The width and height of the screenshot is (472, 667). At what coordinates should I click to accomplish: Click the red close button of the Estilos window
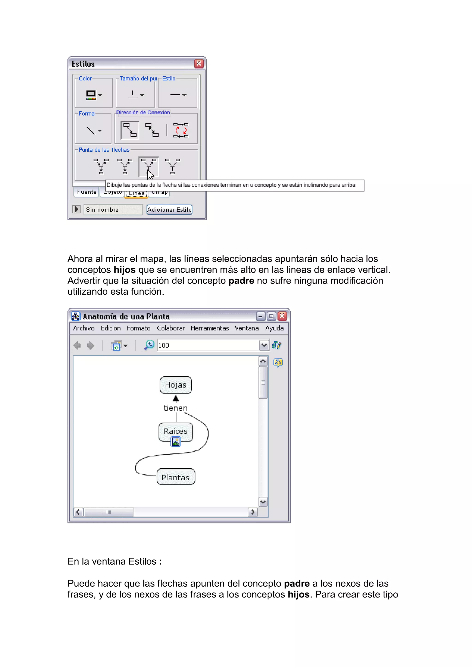pos(199,63)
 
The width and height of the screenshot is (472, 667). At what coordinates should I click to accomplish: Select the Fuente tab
pos(87,192)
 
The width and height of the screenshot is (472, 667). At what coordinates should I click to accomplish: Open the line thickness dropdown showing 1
pos(136,94)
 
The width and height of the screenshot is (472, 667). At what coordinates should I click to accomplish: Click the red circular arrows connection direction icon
pos(181,130)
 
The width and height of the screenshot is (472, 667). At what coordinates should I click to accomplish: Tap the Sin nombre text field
pos(113,209)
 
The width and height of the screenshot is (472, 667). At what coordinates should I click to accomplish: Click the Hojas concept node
pos(175,385)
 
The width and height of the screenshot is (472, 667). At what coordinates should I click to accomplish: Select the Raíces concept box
pos(175,431)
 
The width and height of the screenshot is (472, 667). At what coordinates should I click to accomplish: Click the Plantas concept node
pos(175,477)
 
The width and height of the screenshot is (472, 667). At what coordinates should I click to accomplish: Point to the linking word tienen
pos(175,408)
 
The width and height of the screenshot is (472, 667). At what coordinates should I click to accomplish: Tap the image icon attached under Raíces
pos(176,442)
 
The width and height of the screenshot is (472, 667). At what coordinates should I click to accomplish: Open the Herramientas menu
pos(210,328)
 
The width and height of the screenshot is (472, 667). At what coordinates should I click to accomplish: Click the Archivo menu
pos(84,328)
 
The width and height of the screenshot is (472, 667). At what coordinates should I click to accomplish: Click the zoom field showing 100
pos(208,345)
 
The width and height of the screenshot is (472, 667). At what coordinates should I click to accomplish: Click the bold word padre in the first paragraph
pos(241,281)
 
